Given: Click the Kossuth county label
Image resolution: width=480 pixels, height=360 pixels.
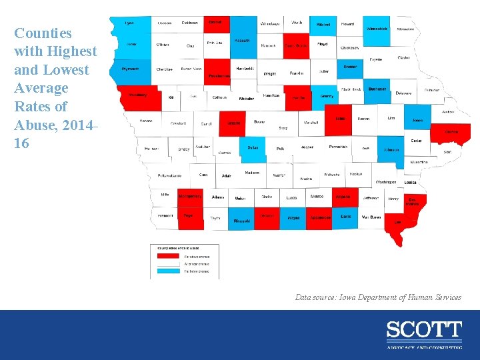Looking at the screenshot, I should (x=242, y=40).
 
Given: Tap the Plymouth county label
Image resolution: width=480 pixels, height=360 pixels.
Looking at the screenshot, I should (x=130, y=69).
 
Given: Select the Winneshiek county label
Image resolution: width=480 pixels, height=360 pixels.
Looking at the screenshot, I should (x=377, y=29).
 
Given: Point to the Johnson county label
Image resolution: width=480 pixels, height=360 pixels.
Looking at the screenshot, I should (x=391, y=150).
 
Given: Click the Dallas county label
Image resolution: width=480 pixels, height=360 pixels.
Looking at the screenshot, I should (x=253, y=147).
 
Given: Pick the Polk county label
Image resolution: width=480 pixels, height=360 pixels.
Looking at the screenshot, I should (x=280, y=149).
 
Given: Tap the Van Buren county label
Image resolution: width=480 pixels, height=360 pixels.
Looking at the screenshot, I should (x=371, y=217).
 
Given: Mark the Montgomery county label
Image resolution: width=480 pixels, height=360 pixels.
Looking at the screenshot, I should (x=190, y=197).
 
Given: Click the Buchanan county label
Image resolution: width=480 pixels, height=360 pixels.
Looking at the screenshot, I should (x=377, y=88).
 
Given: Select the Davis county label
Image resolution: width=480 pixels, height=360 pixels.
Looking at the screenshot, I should (x=345, y=217).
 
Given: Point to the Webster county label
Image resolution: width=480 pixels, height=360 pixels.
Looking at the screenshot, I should (x=247, y=98).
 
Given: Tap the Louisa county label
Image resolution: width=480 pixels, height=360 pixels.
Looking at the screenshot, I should (x=410, y=182).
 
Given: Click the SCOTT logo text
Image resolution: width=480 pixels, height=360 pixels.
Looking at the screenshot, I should (x=423, y=330).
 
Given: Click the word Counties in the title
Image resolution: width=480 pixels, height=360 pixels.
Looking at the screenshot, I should (x=43, y=33).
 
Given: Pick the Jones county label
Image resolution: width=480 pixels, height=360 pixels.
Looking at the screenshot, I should (x=417, y=120).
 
